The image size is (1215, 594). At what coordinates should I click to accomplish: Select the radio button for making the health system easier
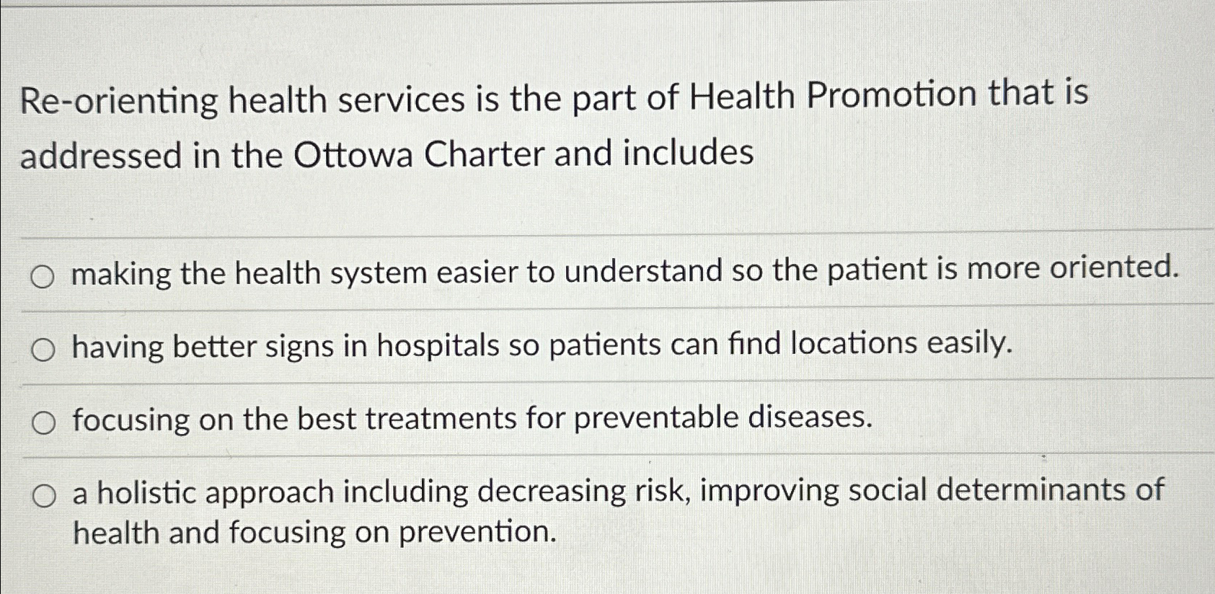coord(43,277)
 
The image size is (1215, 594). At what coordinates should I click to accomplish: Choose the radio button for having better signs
coord(43,350)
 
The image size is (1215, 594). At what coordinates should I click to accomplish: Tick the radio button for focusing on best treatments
coord(43,424)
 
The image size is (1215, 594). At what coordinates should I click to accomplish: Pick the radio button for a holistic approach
coord(43,497)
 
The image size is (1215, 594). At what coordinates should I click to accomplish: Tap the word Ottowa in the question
coord(353,155)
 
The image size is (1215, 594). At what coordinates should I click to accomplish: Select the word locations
coord(854,343)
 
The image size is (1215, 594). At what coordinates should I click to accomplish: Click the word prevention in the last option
coord(478,533)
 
